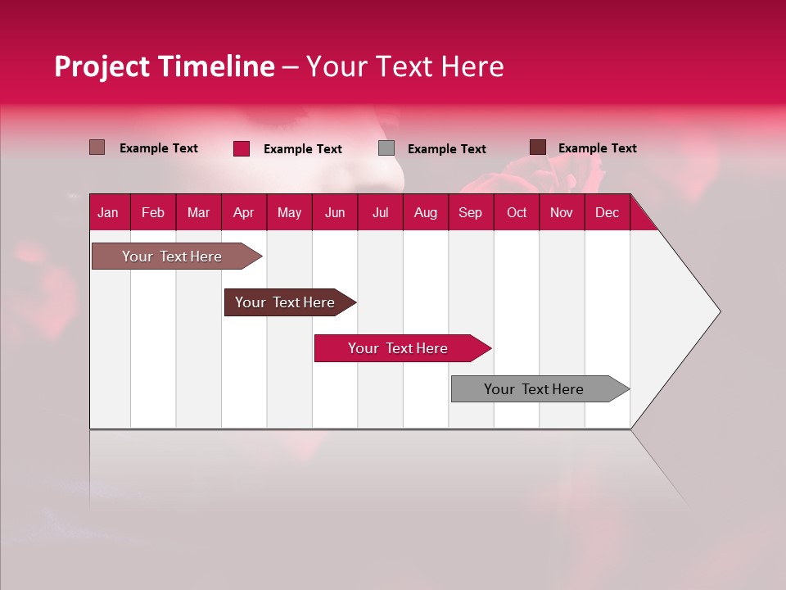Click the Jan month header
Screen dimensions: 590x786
[108, 213]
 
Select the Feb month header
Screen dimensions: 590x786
[153, 213]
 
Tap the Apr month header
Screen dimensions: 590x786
[243, 213]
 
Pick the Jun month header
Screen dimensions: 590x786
[335, 213]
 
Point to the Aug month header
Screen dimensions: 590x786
[425, 213]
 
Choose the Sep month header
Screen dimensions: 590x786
[470, 213]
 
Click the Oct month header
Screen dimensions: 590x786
[517, 213]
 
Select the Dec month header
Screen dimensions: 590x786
[607, 213]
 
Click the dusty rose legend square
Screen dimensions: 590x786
[97, 147]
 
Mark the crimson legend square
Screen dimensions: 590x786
[242, 148]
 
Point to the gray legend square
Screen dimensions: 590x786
[386, 148]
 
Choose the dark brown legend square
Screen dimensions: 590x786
[537, 147]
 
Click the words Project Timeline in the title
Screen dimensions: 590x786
[164, 66]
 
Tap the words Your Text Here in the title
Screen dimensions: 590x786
[404, 66]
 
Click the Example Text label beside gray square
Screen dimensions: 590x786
[446, 149]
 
